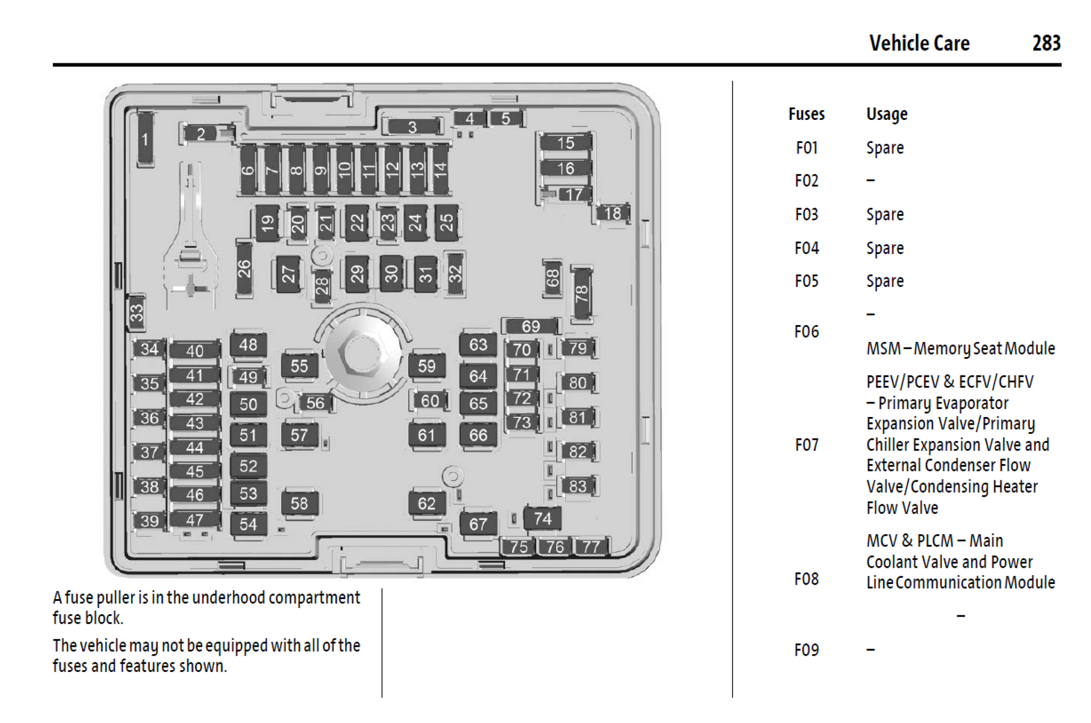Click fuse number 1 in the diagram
tap(145, 139)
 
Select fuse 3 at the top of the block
tap(412, 127)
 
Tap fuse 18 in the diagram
tap(612, 213)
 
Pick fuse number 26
tap(244, 269)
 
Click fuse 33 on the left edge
tap(136, 312)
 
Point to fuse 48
tap(248, 344)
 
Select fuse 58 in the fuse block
tap(299, 503)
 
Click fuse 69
tap(530, 326)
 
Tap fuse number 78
tap(581, 293)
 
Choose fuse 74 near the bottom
tap(542, 518)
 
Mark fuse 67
tap(478, 524)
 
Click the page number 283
tap(1046, 43)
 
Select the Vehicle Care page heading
tap(919, 43)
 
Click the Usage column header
tap(886, 114)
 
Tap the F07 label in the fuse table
tap(806, 445)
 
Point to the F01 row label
tap(806, 148)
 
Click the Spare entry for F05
tap(885, 281)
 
